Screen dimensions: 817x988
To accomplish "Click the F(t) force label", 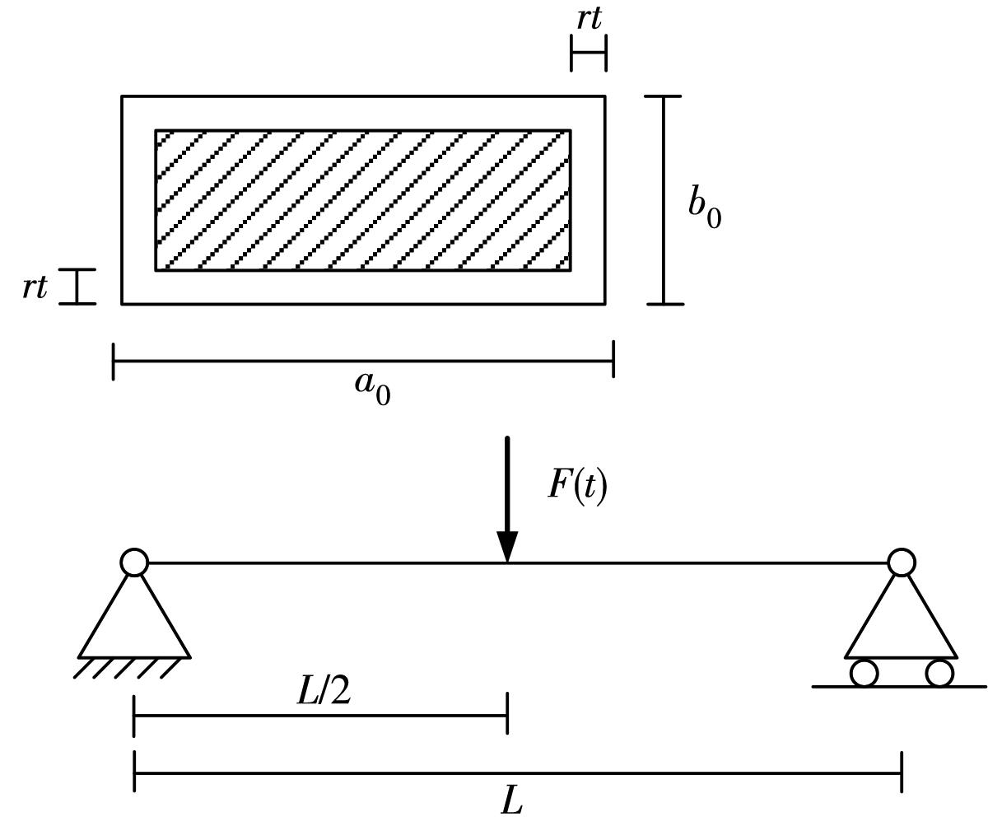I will (x=577, y=485).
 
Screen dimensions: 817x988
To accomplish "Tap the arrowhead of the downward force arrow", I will (x=507, y=547).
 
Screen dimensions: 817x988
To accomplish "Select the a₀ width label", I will (x=372, y=386).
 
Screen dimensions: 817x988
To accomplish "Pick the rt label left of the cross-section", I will (x=35, y=287).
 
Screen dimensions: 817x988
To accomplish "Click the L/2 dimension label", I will (x=324, y=692).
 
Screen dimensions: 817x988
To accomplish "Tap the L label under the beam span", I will (x=512, y=800).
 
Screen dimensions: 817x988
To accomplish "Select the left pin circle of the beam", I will (x=134, y=563).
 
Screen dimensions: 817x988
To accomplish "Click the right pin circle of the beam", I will (x=902, y=563).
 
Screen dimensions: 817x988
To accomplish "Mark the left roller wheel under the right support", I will (x=864, y=673).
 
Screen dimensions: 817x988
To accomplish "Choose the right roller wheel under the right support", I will (x=939, y=673).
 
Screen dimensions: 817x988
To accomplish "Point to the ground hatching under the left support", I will (x=128, y=668).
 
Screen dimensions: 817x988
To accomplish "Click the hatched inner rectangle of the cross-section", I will (x=362, y=200).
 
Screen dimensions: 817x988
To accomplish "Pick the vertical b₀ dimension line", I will (x=664, y=200).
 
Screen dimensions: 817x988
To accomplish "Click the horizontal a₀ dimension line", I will (x=362, y=362).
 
